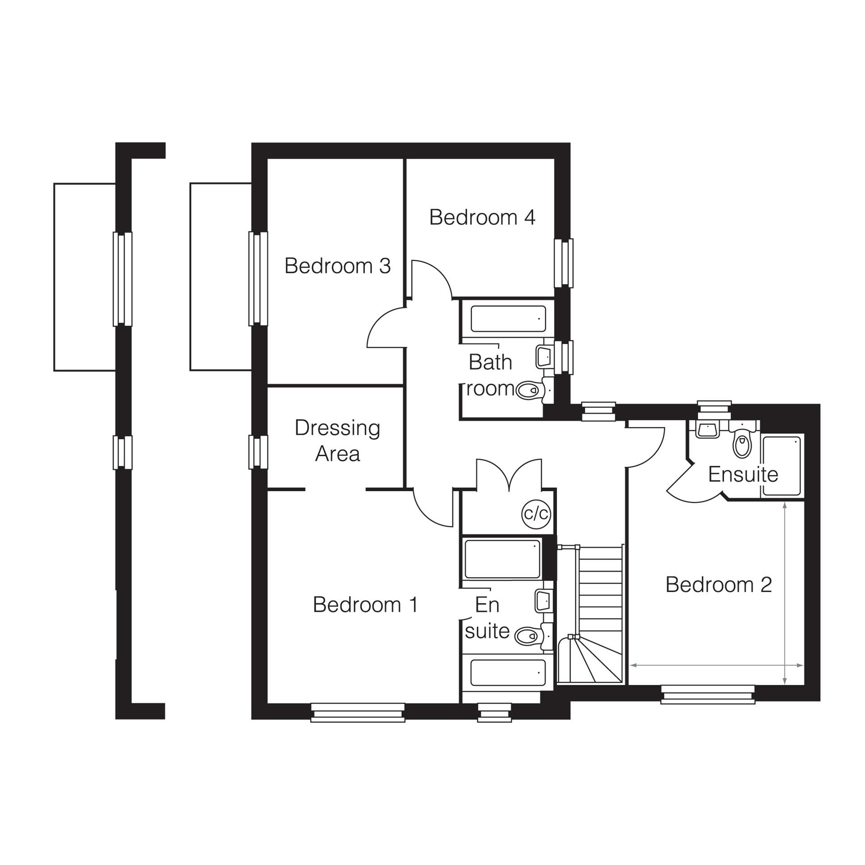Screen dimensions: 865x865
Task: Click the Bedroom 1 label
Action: click(x=365, y=605)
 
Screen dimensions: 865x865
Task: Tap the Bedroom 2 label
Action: click(x=718, y=585)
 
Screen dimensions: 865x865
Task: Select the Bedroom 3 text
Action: click(x=337, y=266)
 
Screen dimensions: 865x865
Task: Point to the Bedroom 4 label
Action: click(x=482, y=217)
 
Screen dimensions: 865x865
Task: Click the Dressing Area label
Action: click(x=337, y=441)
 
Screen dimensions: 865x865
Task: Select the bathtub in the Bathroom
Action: click(x=508, y=319)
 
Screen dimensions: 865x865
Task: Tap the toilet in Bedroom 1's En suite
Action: click(x=528, y=636)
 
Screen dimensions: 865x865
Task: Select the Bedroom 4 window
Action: click(x=563, y=263)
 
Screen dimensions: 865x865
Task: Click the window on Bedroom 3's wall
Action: click(x=258, y=278)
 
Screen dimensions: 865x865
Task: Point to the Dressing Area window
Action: click(x=258, y=452)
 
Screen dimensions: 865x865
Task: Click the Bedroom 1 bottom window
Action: click(x=358, y=713)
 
